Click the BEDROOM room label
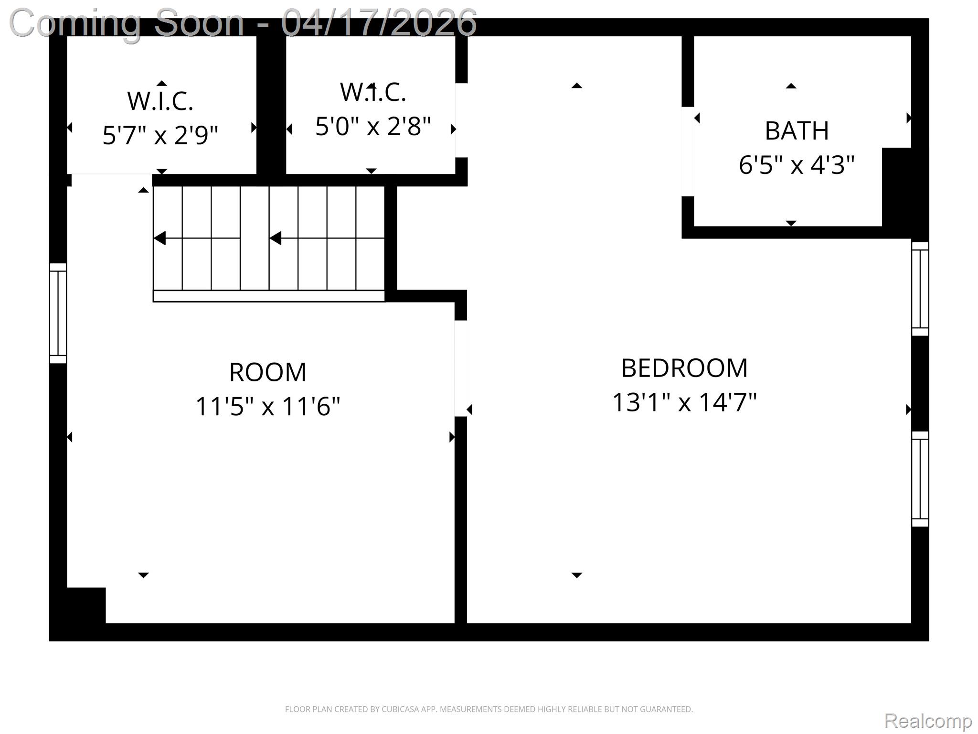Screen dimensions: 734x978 click(x=684, y=368)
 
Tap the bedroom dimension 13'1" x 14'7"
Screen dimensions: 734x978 click(x=684, y=402)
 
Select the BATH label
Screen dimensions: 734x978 click(x=797, y=131)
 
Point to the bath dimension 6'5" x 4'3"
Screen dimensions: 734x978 click(x=797, y=165)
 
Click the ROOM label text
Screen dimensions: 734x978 click(x=267, y=372)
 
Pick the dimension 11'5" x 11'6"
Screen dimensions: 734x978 click(x=267, y=407)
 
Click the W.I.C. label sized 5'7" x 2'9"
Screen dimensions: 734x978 click(x=160, y=101)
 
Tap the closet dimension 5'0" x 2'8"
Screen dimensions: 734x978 click(x=373, y=127)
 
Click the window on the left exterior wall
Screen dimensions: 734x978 click(x=58, y=313)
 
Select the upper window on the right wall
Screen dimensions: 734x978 click(x=920, y=289)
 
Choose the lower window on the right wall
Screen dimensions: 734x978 click(x=920, y=479)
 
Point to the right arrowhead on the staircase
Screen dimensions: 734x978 click(x=276, y=238)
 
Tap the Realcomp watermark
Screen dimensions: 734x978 click(x=928, y=721)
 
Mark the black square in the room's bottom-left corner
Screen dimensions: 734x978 click(x=86, y=605)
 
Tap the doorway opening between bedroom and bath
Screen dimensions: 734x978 click(x=687, y=151)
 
